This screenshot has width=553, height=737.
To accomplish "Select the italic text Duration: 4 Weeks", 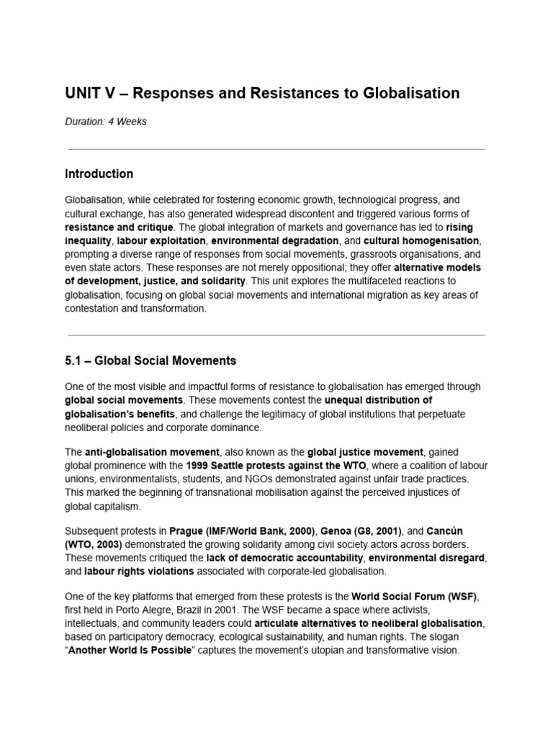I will (x=105, y=122).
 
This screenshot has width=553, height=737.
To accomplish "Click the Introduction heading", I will (x=99, y=173).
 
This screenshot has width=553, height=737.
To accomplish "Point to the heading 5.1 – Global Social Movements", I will (x=150, y=360).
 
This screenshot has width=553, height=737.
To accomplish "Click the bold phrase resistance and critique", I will (x=119, y=227).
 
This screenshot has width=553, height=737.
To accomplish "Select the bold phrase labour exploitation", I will (x=162, y=240).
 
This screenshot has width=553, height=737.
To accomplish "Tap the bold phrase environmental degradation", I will (x=274, y=240).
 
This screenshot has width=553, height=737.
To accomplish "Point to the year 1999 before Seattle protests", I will (x=199, y=466).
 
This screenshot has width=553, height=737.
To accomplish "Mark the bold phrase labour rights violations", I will (x=139, y=571).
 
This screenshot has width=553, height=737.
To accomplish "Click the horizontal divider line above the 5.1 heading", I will (x=276, y=335).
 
